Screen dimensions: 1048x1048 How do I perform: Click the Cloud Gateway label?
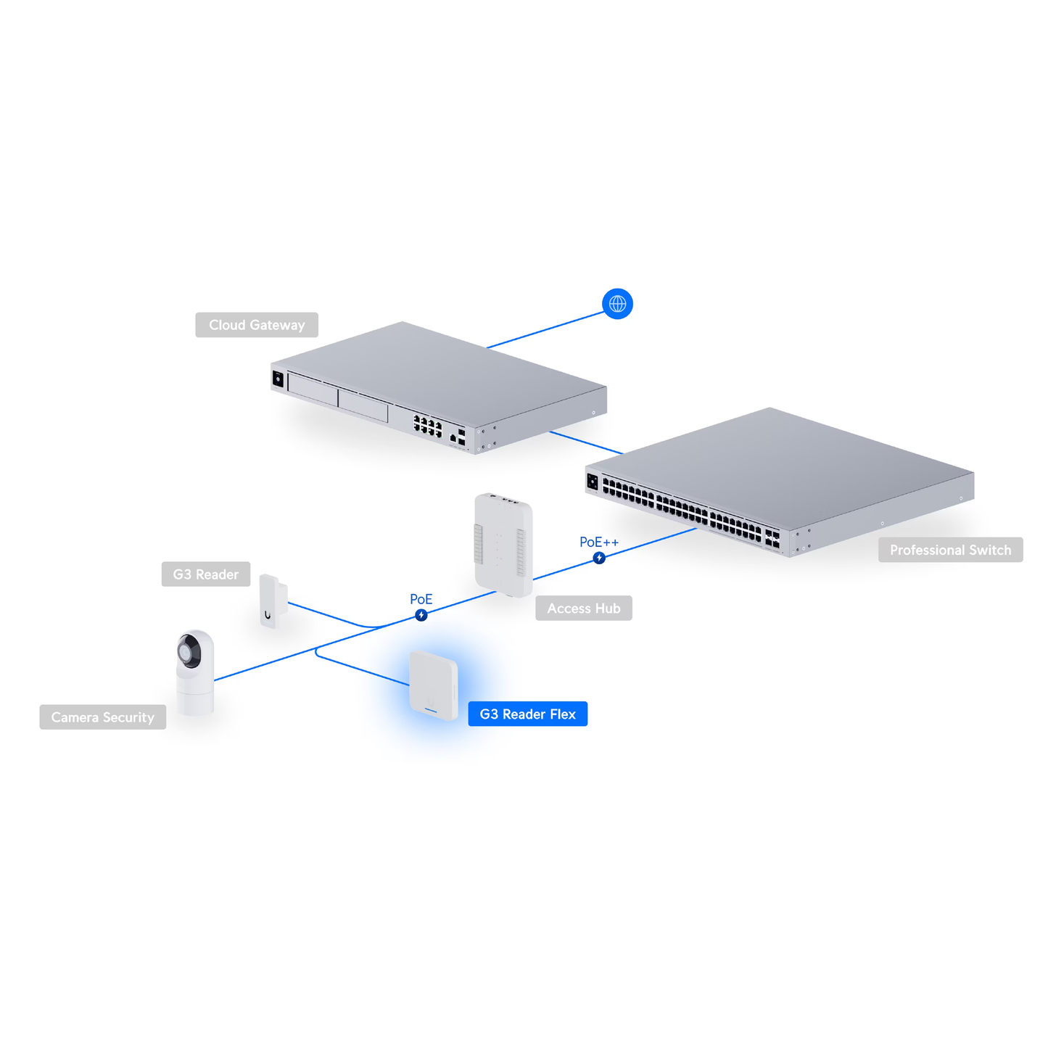click(x=257, y=325)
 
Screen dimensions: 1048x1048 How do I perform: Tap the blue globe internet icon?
click(x=617, y=304)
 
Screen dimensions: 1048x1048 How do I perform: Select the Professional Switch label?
click(x=950, y=550)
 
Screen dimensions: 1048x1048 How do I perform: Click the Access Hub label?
click(x=584, y=608)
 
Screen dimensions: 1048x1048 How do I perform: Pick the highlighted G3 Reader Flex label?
click(x=527, y=714)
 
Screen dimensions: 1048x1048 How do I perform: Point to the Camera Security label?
click(x=102, y=717)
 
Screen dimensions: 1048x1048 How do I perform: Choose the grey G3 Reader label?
click(x=205, y=574)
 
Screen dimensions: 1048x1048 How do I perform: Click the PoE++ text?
click(x=599, y=542)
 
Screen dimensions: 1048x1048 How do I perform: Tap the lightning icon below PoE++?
click(x=599, y=558)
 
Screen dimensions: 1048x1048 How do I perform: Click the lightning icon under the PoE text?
click(x=421, y=615)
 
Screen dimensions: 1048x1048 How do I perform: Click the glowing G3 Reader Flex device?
click(x=433, y=685)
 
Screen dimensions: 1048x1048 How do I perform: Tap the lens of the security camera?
click(x=190, y=651)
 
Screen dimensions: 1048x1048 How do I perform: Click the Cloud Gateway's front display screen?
click(x=278, y=379)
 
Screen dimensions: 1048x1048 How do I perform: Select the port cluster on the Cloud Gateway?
click(x=427, y=426)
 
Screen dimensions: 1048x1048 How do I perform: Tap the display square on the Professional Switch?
click(x=593, y=482)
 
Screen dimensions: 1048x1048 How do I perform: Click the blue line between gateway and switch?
click(x=586, y=442)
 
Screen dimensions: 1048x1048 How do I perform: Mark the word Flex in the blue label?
click(x=562, y=714)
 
